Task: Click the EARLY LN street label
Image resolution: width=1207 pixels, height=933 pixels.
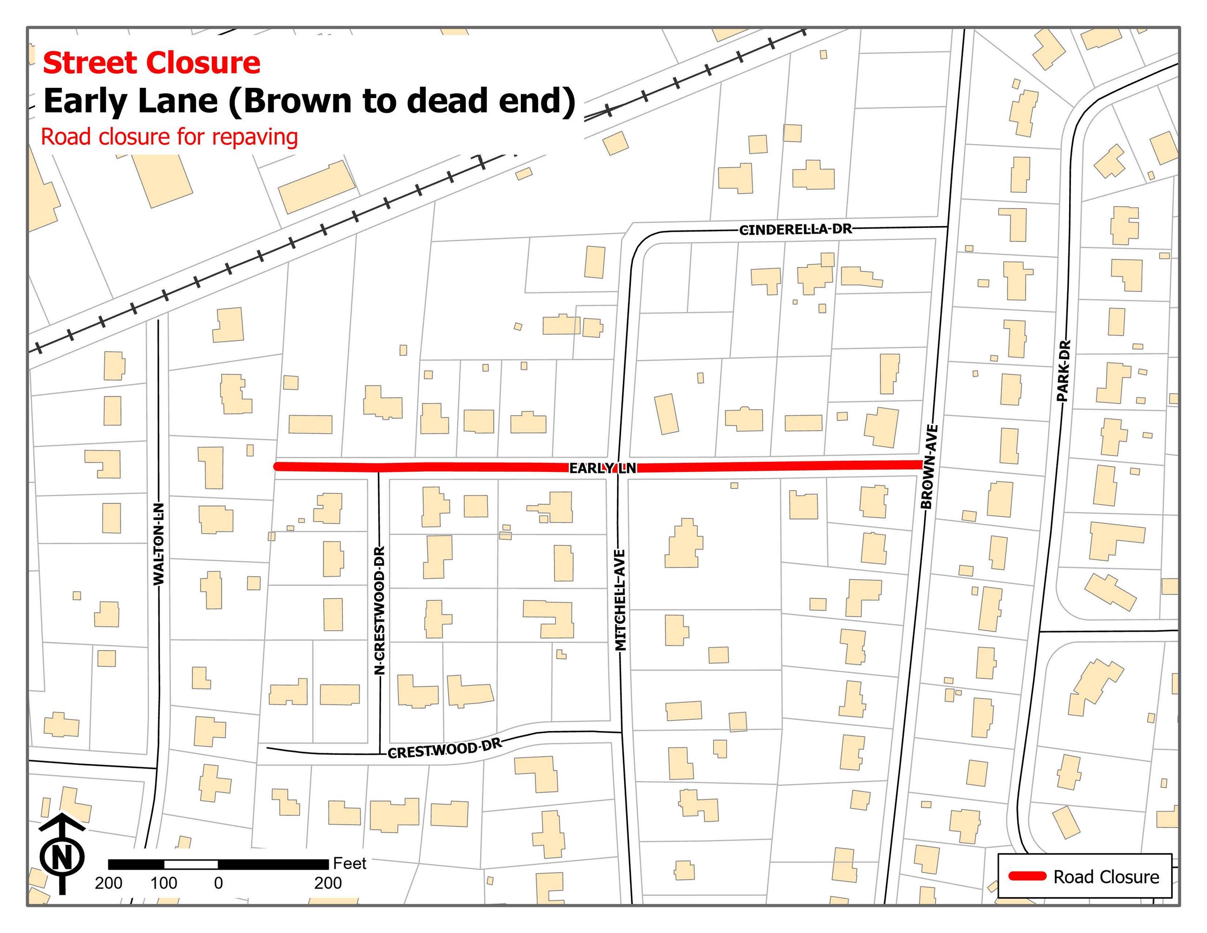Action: (603, 468)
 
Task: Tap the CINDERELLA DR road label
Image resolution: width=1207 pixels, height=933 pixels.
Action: (795, 229)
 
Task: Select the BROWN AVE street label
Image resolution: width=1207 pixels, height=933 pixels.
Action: (928, 467)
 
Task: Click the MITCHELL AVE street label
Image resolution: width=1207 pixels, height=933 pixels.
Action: (620, 600)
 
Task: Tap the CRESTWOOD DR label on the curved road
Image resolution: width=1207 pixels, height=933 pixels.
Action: (445, 750)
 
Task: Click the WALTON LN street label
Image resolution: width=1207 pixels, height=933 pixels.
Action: (159, 544)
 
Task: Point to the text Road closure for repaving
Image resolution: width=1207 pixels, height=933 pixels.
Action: (169, 137)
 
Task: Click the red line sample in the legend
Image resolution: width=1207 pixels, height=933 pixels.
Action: (1027, 876)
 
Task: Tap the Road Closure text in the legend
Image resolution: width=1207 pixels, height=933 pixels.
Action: (1106, 877)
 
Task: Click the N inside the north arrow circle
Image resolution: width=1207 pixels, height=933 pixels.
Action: (62, 858)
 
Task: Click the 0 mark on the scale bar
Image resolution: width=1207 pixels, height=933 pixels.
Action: (218, 883)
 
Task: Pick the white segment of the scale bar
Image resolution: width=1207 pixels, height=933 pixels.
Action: (191, 864)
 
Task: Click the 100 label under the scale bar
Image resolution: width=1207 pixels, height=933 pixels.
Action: (163, 883)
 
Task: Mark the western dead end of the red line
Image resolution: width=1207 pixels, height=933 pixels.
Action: (276, 466)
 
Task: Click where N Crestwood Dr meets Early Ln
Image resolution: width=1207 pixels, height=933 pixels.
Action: (378, 468)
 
